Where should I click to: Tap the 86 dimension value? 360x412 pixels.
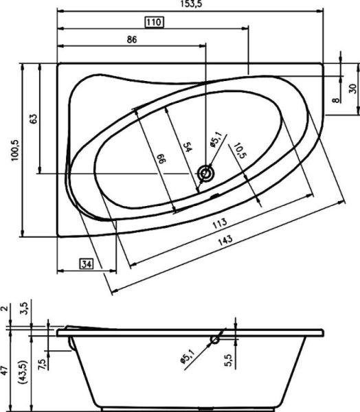pos(133,40)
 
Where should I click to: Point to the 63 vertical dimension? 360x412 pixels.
pos(33,117)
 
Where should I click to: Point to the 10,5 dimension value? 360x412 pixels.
pos(237,150)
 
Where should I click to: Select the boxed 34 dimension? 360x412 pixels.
pos(87,264)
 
